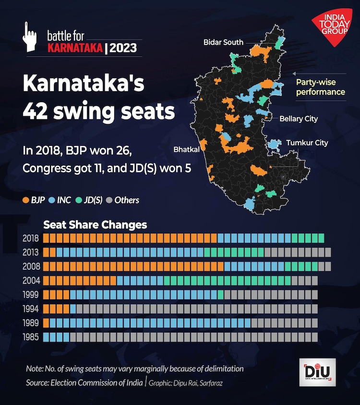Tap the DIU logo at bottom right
(317, 372)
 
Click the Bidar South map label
(223, 42)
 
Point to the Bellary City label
(299, 119)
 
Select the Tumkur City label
(307, 143)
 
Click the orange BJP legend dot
(25, 200)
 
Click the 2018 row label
(31, 238)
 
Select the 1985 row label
(31, 337)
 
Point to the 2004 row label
(31, 280)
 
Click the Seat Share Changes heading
(95, 225)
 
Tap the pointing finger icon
(30, 38)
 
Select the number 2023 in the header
(123, 48)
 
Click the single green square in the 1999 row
(221, 295)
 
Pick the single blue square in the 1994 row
(73, 309)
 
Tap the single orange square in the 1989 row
(46, 323)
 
